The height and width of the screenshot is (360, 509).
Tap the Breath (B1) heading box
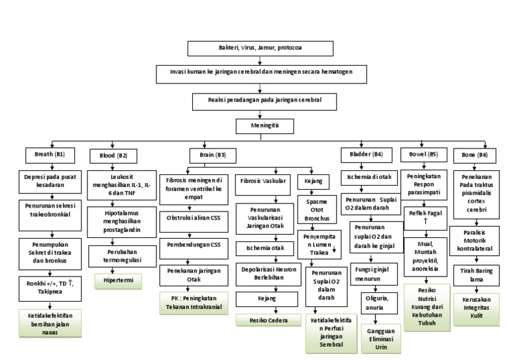pyautogui.click(x=50, y=154)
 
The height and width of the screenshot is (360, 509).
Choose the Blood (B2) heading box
pyautogui.click(x=113, y=155)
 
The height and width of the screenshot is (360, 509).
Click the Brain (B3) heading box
pyautogui.click(x=212, y=154)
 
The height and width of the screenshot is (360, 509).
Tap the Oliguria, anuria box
pyautogui.click(x=375, y=302)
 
